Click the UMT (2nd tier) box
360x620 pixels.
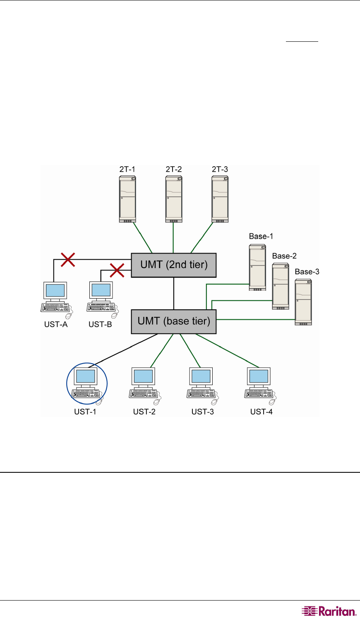174,265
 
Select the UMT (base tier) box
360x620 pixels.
174,321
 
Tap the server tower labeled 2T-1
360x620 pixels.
127,199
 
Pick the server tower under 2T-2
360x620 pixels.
174,199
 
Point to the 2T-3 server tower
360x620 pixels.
220,199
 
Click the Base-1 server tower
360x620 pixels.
257,267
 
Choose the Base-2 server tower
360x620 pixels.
281,286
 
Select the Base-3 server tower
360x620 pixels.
303,302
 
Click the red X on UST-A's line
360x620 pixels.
68,259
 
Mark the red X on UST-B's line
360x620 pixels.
117,271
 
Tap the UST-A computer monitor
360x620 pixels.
55,290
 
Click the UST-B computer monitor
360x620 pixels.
101,290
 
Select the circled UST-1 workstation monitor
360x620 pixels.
85,377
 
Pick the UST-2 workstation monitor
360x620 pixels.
144,377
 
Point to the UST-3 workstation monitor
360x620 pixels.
202,377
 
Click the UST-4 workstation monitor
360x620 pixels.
259,377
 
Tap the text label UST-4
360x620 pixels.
261,412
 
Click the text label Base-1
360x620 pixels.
261,237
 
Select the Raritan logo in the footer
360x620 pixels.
329,611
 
